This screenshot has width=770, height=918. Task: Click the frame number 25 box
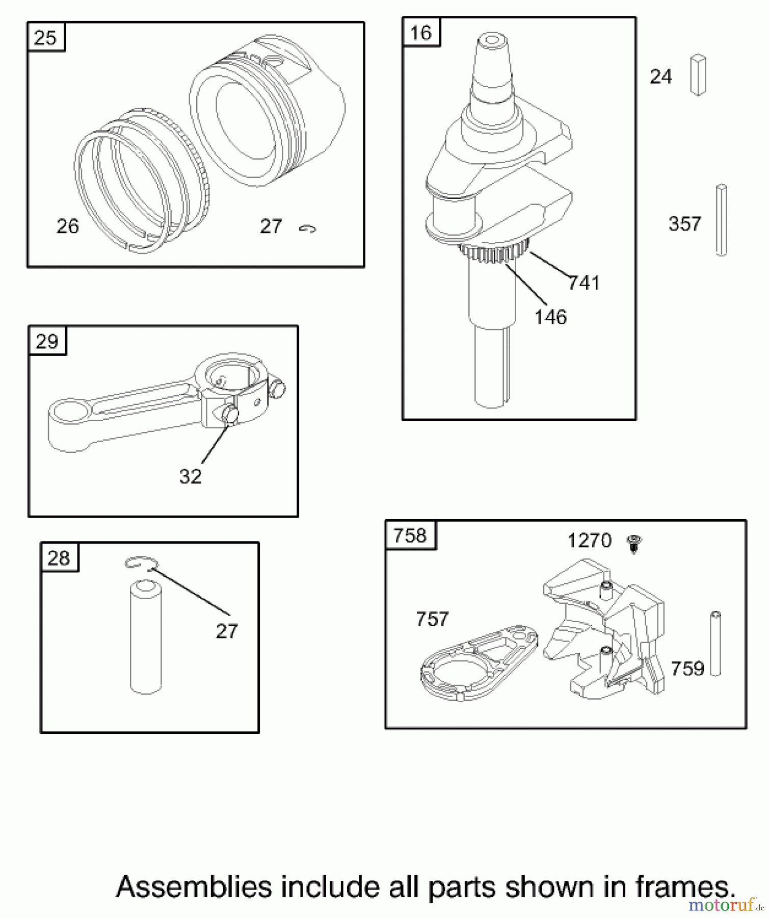[46, 37]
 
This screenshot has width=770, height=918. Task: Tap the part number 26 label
[68, 226]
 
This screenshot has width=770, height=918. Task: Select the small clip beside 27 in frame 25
[307, 229]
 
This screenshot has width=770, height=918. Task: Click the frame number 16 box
[421, 33]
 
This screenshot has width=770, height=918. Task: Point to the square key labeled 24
[698, 75]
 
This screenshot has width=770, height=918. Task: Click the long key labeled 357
[721, 220]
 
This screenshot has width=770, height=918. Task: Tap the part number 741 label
[584, 283]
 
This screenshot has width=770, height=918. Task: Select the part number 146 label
[550, 317]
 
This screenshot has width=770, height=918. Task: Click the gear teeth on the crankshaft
[494, 253]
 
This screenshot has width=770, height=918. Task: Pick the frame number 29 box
[47, 341]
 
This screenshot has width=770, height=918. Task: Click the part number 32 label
[191, 476]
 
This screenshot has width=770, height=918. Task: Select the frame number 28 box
[59, 557]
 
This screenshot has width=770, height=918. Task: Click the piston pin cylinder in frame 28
[146, 637]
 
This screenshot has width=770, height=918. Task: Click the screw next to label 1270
[634, 544]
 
